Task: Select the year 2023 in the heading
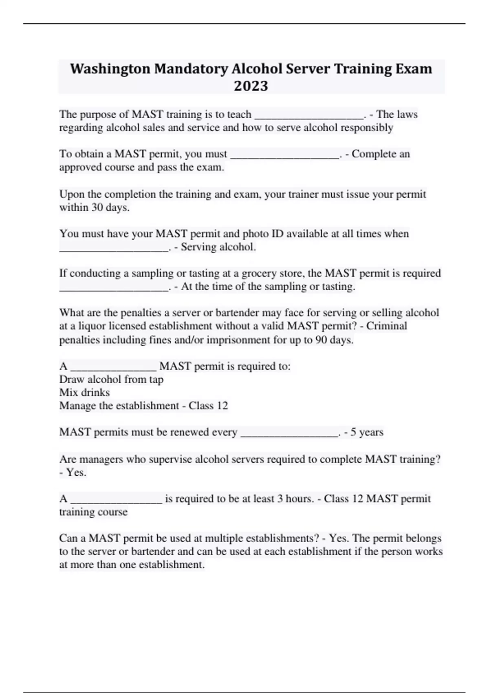click(251, 86)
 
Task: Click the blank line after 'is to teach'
click(308, 116)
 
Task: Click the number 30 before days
click(97, 207)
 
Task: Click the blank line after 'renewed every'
click(289, 434)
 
